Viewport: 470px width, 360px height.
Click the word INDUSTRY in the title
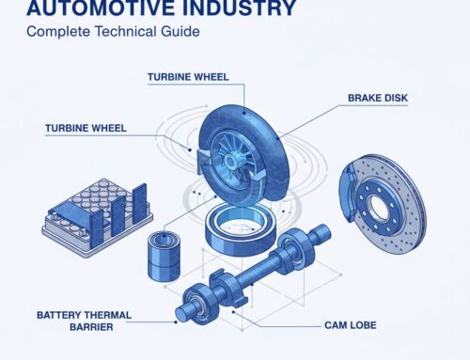[239, 8]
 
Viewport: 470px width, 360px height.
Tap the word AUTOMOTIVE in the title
[100, 8]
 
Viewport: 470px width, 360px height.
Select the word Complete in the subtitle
[58, 32]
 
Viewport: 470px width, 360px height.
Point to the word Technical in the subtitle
[126, 31]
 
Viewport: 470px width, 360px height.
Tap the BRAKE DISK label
[378, 98]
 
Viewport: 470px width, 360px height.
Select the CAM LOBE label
[351, 325]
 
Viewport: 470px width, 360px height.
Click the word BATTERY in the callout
[58, 315]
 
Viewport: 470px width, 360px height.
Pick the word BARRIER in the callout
[91, 327]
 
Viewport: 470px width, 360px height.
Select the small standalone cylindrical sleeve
[164, 256]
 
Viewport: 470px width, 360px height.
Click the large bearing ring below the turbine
[241, 227]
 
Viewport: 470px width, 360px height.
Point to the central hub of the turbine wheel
[231, 160]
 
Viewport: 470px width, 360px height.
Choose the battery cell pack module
[97, 217]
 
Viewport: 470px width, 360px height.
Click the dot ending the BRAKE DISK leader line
[277, 137]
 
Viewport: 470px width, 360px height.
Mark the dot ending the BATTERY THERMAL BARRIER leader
[176, 321]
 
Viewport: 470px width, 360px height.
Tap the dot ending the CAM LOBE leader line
[233, 312]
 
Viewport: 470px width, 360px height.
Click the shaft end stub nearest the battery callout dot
[183, 312]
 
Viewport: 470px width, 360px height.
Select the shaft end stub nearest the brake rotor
[321, 233]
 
